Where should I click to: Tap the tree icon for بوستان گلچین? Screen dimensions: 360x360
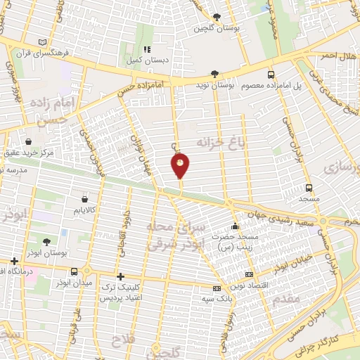coord(216,18)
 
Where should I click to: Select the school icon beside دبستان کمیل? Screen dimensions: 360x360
coord(146,50)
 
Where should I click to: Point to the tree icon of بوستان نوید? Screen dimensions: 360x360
coord(214,74)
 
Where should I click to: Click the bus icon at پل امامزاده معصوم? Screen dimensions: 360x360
coord(271,75)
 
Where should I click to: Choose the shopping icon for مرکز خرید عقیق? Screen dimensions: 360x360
coord(27,141)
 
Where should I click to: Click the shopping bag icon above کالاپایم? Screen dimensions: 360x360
coord(85,199)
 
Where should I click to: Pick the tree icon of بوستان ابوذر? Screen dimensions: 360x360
coord(46,241)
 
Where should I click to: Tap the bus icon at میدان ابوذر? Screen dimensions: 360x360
coord(75,271)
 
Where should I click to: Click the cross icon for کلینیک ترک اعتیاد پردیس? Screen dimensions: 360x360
coord(121,276)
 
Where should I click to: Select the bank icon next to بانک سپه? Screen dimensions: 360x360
coord(217,288)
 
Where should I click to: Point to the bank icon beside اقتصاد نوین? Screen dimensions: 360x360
coord(248,274)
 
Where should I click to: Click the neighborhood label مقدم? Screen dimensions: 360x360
coord(288,300)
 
